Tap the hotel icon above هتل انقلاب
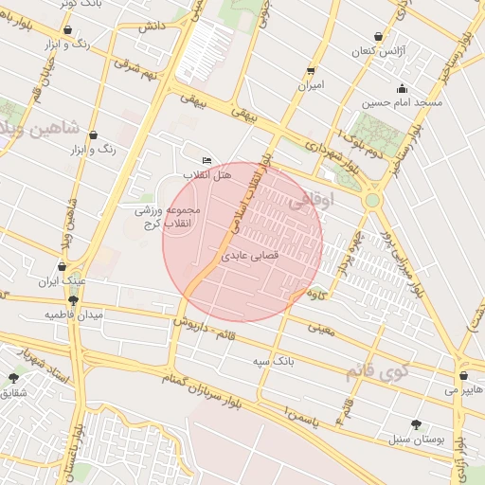[207, 161]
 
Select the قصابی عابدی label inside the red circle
[249, 256]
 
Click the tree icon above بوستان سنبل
[417, 424]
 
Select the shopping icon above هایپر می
[464, 373]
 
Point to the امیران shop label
[311, 85]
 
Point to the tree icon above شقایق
[13, 378]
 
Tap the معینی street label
[322, 328]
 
